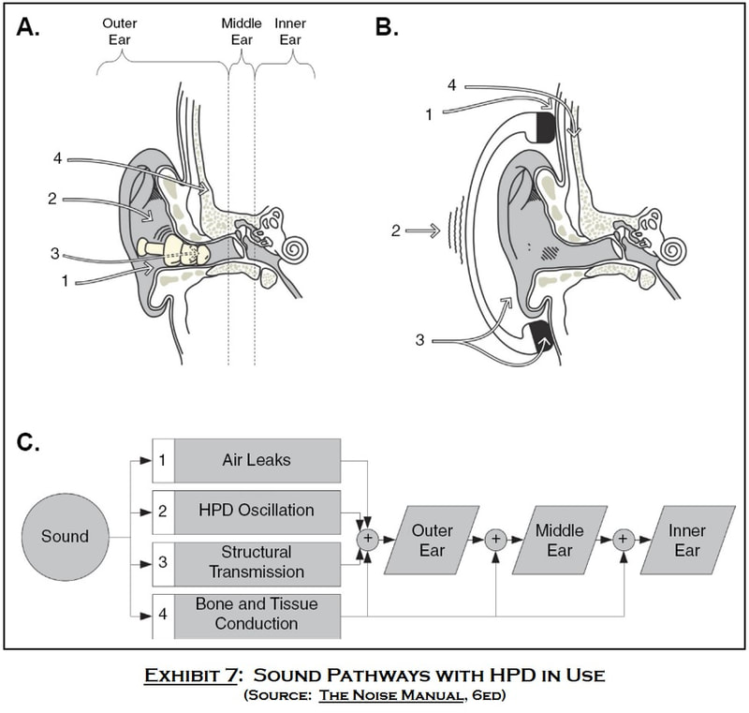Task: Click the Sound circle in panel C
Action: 65,537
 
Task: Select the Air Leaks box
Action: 246,461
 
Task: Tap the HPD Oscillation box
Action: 246,512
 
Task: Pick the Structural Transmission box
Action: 246,564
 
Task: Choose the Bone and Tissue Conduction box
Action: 246,616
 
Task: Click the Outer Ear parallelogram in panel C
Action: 432,540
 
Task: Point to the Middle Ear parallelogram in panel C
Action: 559,540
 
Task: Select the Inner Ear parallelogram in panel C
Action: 687,540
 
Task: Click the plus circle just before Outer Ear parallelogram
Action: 368,539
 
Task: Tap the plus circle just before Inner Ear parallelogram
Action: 623,540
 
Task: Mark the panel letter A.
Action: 28,27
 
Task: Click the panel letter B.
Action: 387,27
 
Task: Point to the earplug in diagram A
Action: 173,252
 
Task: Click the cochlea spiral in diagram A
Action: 294,249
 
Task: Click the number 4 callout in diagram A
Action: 58,158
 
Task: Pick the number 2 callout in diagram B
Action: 395,230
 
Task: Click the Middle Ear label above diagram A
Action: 242,32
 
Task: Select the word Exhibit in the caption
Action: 191,676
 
